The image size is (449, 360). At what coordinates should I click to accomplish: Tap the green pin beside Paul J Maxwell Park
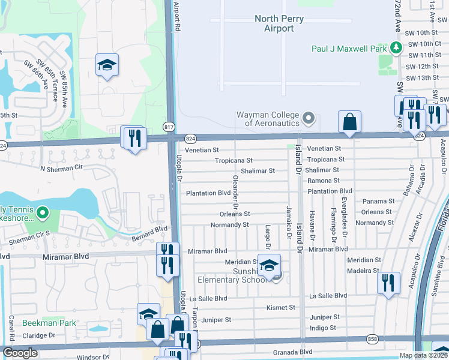pos(396,47)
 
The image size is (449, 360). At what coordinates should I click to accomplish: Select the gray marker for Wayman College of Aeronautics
pos(309,118)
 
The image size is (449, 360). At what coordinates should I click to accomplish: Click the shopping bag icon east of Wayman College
pos(349,122)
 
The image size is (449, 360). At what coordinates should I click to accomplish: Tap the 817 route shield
pos(169,126)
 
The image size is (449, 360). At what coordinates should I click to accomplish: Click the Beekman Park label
pos(49,323)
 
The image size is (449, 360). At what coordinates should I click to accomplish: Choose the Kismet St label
pos(281,308)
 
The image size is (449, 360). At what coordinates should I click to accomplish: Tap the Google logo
pos(20,353)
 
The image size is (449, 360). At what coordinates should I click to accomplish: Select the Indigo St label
pos(322,328)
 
